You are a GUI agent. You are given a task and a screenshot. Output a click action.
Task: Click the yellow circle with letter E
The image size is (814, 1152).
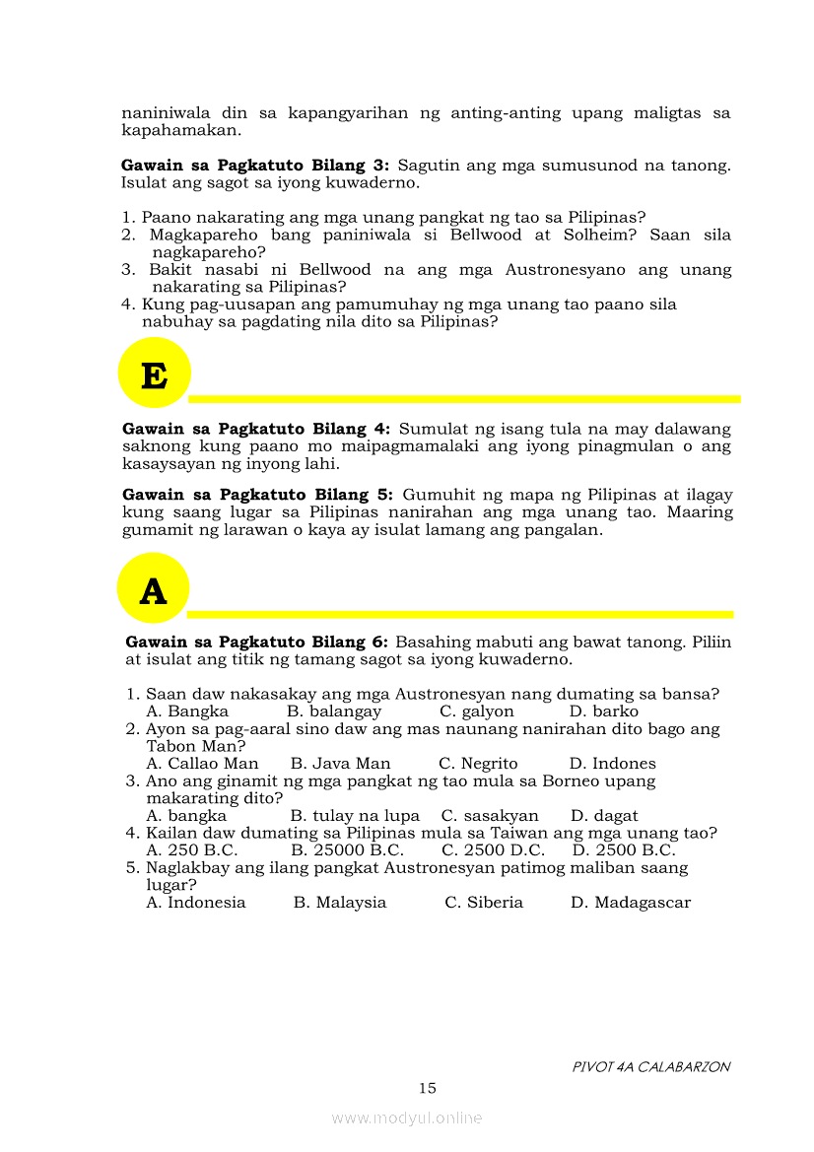pos(154,373)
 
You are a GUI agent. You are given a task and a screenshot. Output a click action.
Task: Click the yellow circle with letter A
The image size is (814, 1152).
pos(153,588)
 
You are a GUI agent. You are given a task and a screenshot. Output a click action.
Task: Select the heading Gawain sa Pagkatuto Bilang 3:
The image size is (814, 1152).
pos(255,166)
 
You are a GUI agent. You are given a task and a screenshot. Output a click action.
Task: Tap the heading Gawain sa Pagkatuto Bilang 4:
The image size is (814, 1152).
pos(256,429)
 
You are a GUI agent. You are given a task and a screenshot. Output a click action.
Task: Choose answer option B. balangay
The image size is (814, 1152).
pos(334,712)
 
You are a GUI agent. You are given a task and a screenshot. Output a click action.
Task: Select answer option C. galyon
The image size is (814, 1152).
pos(477,712)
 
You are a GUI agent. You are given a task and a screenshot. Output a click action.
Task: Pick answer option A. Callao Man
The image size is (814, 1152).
pos(202,764)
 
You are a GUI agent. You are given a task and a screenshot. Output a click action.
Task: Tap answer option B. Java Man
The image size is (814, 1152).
pos(341,764)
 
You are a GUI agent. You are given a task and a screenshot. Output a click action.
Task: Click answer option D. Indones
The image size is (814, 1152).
pos(612,764)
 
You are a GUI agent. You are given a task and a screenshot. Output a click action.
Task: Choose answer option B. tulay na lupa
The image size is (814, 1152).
pos(355,816)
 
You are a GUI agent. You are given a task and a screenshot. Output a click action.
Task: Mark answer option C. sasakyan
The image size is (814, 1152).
pos(490,816)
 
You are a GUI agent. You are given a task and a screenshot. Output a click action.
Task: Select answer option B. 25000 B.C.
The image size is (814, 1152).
pos(348,850)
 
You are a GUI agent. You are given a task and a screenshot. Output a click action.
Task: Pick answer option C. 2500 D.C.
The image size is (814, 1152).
pos(493,850)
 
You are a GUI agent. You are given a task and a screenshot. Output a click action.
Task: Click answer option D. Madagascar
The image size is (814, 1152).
pos(631,903)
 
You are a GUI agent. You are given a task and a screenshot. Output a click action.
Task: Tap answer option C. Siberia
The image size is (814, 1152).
pos(484,903)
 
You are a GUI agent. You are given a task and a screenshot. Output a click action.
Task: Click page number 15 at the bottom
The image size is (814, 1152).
pos(427,1088)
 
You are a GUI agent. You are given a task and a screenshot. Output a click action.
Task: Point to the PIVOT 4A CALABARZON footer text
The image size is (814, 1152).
pos(651,1066)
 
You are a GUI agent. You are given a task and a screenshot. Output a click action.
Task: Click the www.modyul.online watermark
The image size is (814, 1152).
pos(407,1118)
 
